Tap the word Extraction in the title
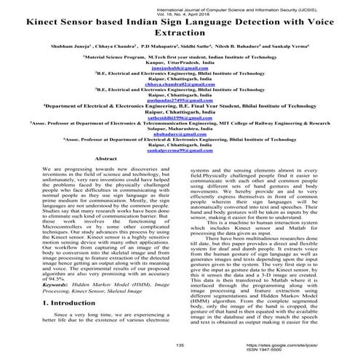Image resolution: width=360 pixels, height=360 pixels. [180, 33]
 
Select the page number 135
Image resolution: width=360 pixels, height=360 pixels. [180, 345]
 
